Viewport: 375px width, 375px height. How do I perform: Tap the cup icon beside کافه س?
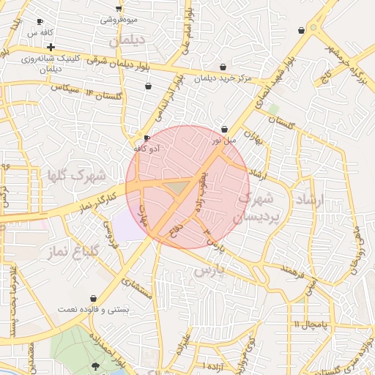click(x=40, y=21)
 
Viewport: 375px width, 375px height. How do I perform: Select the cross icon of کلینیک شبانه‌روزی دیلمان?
click(x=51, y=47)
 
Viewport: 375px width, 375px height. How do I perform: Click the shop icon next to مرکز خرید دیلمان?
click(x=222, y=66)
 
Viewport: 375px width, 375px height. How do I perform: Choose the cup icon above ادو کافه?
click(x=146, y=138)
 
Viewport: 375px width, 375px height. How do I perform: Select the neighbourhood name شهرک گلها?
click(x=76, y=176)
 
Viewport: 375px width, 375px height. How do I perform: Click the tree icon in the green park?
click(x=96, y=365)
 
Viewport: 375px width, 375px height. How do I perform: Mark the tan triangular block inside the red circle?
click(x=177, y=188)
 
